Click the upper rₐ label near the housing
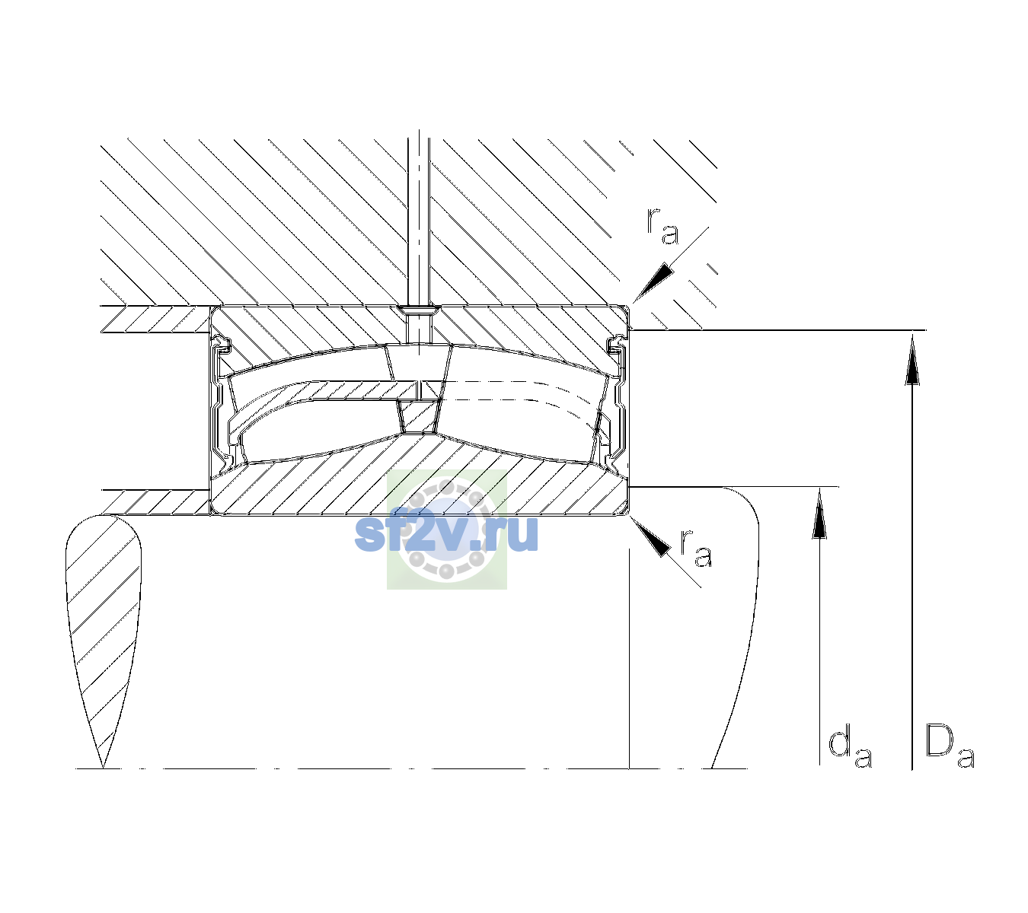[662, 227]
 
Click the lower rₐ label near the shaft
[696, 549]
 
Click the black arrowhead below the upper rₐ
[653, 282]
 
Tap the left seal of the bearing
[222, 400]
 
